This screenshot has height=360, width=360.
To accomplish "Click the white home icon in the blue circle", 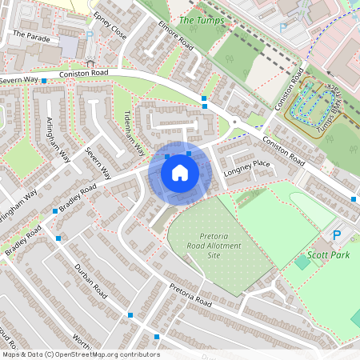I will coord(180,172).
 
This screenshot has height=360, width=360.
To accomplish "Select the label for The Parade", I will coord(31,34).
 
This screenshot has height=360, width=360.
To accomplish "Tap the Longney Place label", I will coord(248,166).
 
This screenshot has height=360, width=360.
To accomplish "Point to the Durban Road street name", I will coord(90,282).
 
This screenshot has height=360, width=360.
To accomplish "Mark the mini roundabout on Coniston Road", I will coord(234,122).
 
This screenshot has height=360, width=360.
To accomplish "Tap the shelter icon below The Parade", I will coord(90,62).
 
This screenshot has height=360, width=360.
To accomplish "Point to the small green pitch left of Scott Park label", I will coord(302,262).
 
